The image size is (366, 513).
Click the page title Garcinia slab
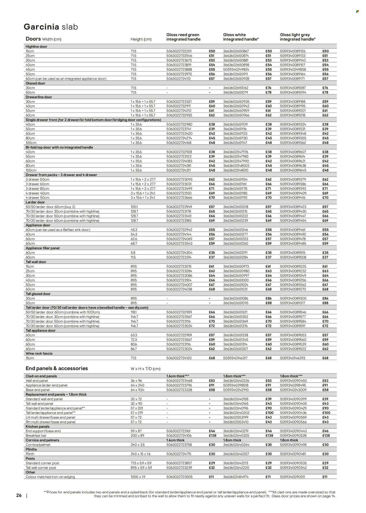point(51,27)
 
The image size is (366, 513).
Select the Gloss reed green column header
point(183,37)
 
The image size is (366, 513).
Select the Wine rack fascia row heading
point(39,353)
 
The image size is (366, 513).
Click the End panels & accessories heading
point(57,369)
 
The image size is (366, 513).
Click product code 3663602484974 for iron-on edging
point(236,477)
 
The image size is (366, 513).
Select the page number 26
point(19,495)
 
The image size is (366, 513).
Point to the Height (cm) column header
point(141,39)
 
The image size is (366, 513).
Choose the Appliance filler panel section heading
point(42,248)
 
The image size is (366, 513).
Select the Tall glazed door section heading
point(38,294)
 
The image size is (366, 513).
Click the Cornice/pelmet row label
point(38,445)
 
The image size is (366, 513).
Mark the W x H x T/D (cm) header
point(145,369)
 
